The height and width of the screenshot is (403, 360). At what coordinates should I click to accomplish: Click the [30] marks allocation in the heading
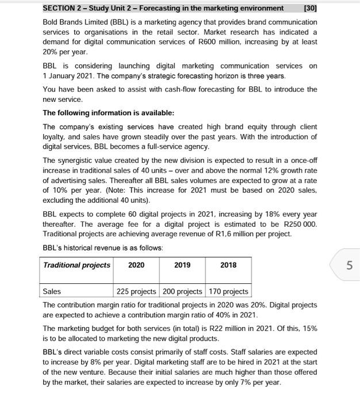[x=308, y=8]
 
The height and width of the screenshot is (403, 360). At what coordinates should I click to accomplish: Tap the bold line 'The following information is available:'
[x=104, y=113]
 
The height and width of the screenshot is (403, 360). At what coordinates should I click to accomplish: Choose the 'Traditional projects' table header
[x=76, y=265]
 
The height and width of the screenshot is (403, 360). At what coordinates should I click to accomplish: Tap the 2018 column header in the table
[x=227, y=265]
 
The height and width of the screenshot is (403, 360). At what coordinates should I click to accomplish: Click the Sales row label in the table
[x=52, y=292]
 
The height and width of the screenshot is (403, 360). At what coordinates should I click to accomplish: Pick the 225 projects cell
[x=138, y=292]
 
